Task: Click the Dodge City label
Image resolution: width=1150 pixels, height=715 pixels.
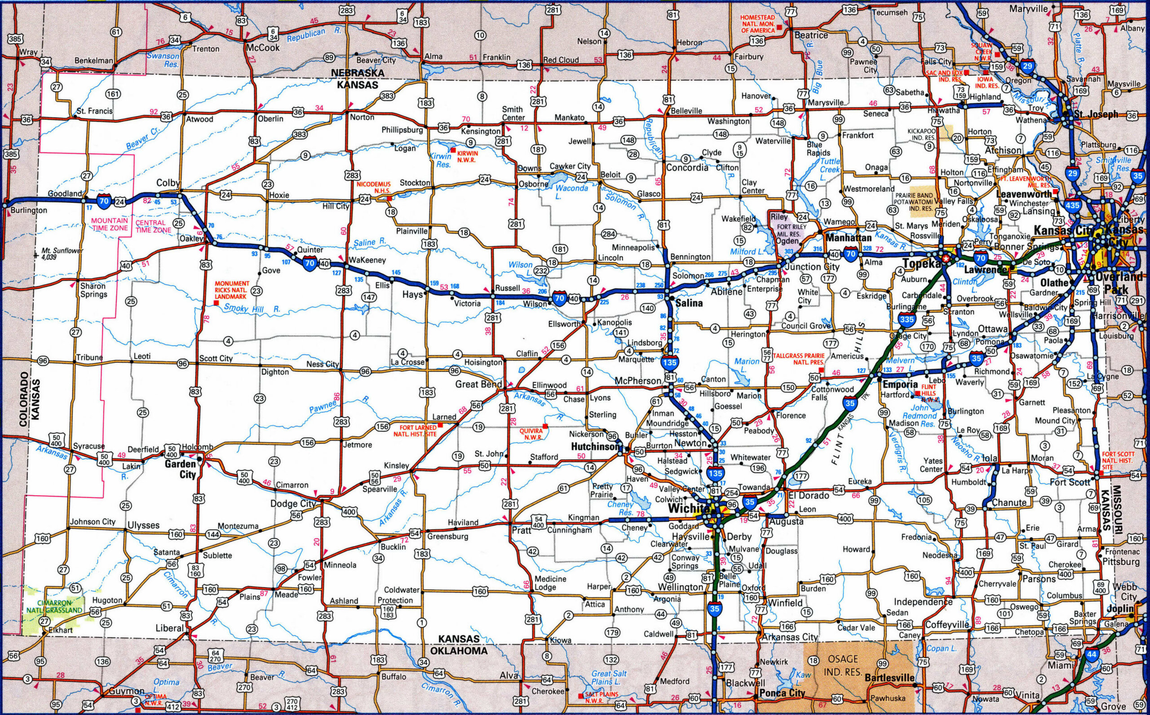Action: click(x=292, y=504)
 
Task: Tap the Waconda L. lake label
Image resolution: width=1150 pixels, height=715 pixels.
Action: click(x=564, y=192)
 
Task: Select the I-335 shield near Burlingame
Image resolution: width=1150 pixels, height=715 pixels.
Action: click(x=906, y=320)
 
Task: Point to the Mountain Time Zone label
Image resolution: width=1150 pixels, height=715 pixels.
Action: click(x=110, y=224)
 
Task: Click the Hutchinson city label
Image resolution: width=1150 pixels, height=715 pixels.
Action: click(x=595, y=446)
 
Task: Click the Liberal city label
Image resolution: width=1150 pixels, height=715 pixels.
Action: click(x=170, y=628)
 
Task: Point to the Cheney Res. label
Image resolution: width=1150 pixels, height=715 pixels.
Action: click(x=619, y=508)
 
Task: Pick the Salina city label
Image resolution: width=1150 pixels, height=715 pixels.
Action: click(x=689, y=303)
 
